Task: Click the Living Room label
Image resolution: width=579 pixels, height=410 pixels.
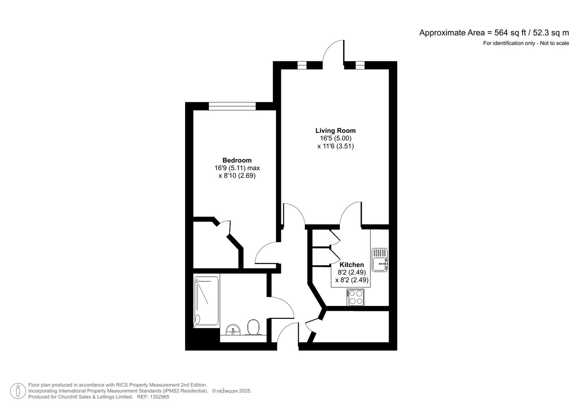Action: [336, 131]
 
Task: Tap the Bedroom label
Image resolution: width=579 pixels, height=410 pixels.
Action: [237, 160]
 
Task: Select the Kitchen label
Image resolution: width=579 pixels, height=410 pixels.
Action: [351, 265]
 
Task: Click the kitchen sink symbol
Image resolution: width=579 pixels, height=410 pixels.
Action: [380, 260]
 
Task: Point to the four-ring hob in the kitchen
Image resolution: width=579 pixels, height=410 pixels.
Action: [355, 297]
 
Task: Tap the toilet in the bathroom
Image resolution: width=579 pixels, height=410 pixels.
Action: [253, 328]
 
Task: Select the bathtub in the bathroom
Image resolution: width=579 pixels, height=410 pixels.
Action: [207, 301]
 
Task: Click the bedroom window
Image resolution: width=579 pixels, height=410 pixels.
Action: [232, 106]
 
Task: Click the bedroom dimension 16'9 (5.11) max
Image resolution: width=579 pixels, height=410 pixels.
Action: [237, 168]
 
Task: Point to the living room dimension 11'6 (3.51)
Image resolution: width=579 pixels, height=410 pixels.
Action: [336, 146]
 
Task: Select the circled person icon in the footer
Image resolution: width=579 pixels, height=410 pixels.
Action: [18, 391]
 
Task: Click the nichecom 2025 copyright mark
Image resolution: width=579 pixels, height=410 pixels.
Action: [231, 391]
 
